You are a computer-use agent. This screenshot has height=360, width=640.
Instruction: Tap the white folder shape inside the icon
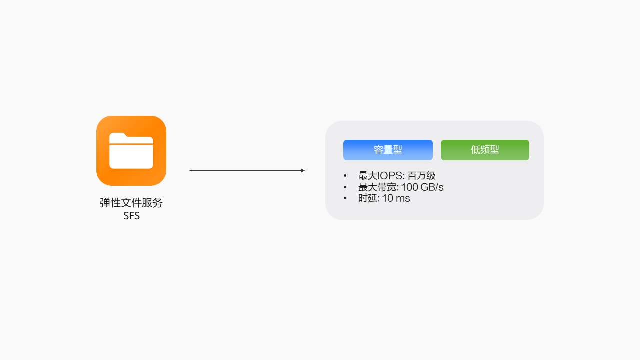point(131,155)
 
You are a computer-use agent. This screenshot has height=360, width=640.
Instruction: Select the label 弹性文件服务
point(131,203)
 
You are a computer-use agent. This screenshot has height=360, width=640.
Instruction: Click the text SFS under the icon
point(131,216)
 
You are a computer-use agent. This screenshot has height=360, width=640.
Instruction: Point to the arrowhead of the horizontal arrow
point(303,171)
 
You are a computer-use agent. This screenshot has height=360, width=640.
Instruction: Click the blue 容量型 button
point(388,150)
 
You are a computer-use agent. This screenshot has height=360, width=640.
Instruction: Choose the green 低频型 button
point(485,150)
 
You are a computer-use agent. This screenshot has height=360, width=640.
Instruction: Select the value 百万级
point(422,176)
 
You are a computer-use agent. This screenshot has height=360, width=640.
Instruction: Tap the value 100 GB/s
point(422,187)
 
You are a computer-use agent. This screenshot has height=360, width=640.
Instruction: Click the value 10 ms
point(396,198)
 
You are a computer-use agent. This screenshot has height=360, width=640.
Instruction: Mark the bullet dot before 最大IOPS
point(345,176)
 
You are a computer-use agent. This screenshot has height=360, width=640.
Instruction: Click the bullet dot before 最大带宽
point(345,187)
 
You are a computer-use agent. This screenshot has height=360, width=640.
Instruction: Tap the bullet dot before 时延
point(345,198)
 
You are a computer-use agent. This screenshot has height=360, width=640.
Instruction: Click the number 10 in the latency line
point(388,198)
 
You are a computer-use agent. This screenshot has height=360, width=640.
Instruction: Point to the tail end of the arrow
point(190,171)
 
